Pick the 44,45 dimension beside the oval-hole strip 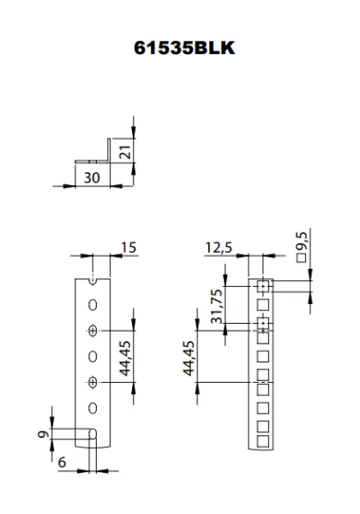[x=124, y=356]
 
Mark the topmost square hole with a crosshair [x=263, y=285]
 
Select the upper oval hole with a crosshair [x=93, y=331]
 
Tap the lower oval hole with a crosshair [x=93, y=381]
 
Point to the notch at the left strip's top [x=93, y=279]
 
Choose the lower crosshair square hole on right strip [x=263, y=324]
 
